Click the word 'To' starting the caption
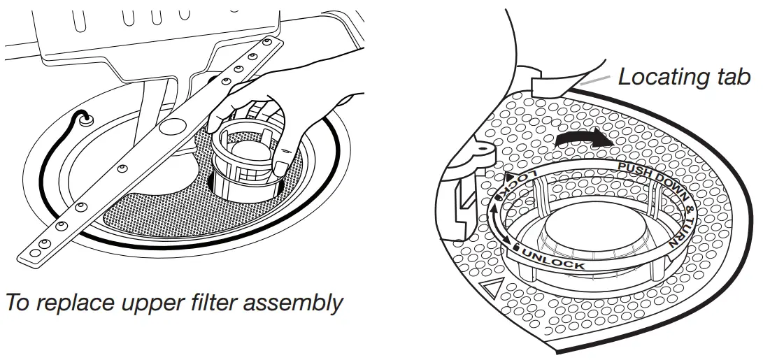17,303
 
